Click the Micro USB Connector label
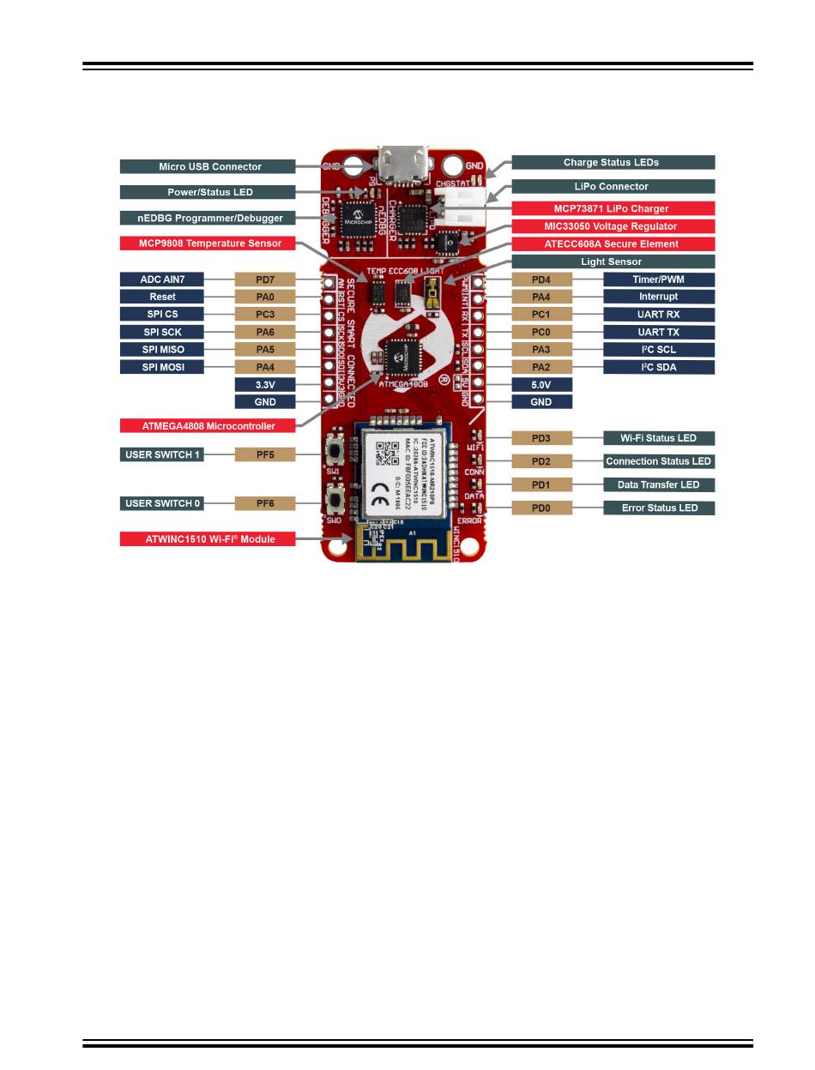209,166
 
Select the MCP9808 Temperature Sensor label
209,243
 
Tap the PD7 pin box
265,280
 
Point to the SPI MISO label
162,349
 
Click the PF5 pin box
265,454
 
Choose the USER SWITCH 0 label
162,503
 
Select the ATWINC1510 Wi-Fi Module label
209,539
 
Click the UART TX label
659,332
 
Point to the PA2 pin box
541,367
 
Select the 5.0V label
541,384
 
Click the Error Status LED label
659,508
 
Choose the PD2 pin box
541,461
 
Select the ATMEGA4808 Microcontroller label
209,425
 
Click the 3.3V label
265,384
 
